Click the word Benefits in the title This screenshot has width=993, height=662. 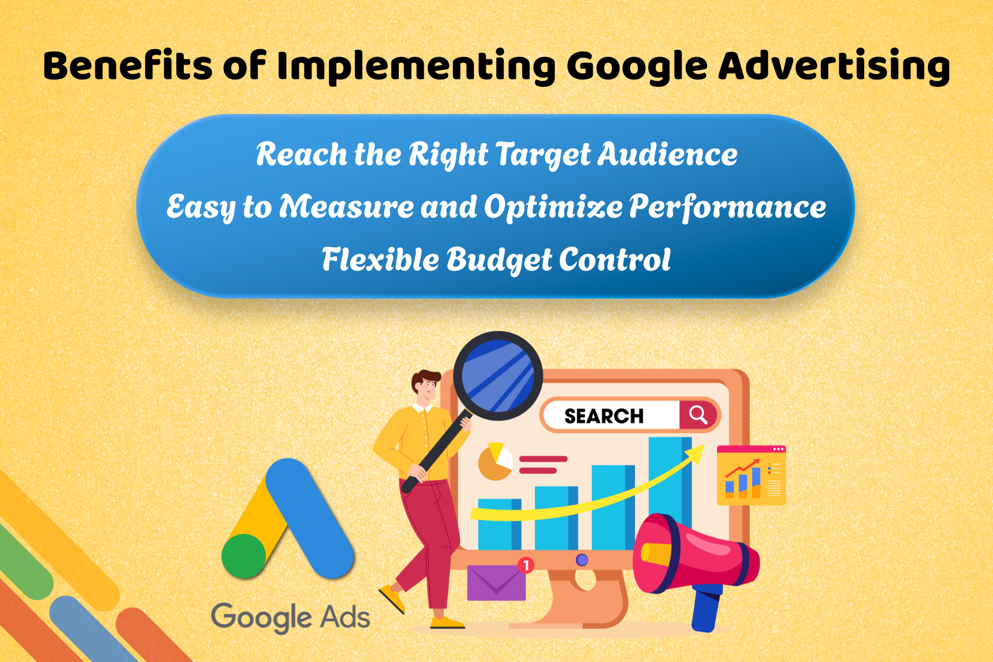pyautogui.click(x=127, y=66)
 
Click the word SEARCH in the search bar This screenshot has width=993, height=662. pyautogui.click(x=604, y=416)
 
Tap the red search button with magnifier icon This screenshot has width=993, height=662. pyautogui.click(x=698, y=415)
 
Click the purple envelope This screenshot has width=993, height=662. pyautogui.click(x=496, y=583)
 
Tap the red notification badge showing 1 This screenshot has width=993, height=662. pyautogui.click(x=526, y=565)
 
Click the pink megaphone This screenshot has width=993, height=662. pyautogui.click(x=694, y=556)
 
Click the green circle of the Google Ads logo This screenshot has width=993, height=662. pyautogui.click(x=244, y=556)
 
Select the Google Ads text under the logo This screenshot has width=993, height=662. pyautogui.click(x=290, y=618)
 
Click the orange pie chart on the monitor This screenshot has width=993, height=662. pyautogui.click(x=495, y=462)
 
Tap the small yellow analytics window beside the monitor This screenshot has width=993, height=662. pyautogui.click(x=751, y=475)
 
